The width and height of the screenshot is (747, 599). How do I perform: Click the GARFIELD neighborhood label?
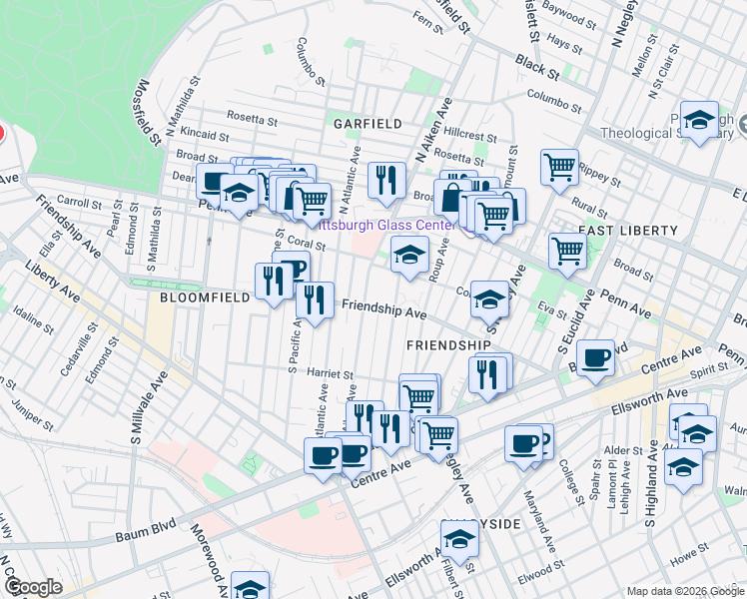[368, 124]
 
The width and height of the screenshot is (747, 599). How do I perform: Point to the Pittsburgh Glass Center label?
[385, 226]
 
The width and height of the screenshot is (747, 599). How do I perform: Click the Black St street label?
[537, 67]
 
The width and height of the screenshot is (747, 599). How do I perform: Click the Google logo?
[32, 587]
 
